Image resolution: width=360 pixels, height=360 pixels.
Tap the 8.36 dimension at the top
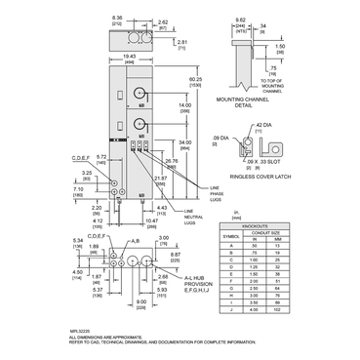118,19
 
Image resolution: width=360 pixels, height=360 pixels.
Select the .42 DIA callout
263,125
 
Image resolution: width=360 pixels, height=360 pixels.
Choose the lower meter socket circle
140,124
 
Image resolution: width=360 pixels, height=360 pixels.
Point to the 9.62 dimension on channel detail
238,19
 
